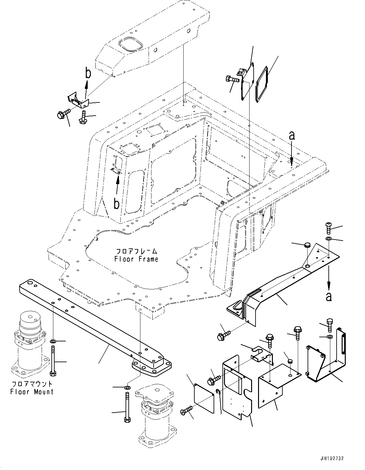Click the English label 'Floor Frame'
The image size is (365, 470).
click(136, 259)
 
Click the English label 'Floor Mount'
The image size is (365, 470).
click(32, 392)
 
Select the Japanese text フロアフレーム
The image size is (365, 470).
click(136, 252)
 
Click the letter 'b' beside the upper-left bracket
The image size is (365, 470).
click(88, 73)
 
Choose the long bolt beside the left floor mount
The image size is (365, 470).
click(53, 361)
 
